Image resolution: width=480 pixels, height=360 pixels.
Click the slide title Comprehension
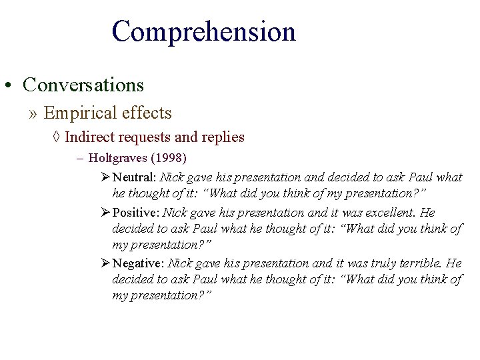pos(203,32)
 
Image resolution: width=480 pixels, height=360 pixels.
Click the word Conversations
pos(83,85)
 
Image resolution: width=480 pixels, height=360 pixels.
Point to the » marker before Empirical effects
pos(33,113)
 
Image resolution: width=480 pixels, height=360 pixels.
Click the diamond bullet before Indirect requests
pos(57,137)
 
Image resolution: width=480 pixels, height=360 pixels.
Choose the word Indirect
pos(89,137)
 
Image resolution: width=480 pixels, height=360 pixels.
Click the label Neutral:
pos(134,177)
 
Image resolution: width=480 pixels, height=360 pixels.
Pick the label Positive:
pos(136,212)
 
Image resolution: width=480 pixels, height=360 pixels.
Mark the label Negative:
pos(138,263)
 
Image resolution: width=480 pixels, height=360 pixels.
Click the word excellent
pos(383,212)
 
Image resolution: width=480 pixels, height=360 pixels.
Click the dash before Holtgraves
pos(80,159)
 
